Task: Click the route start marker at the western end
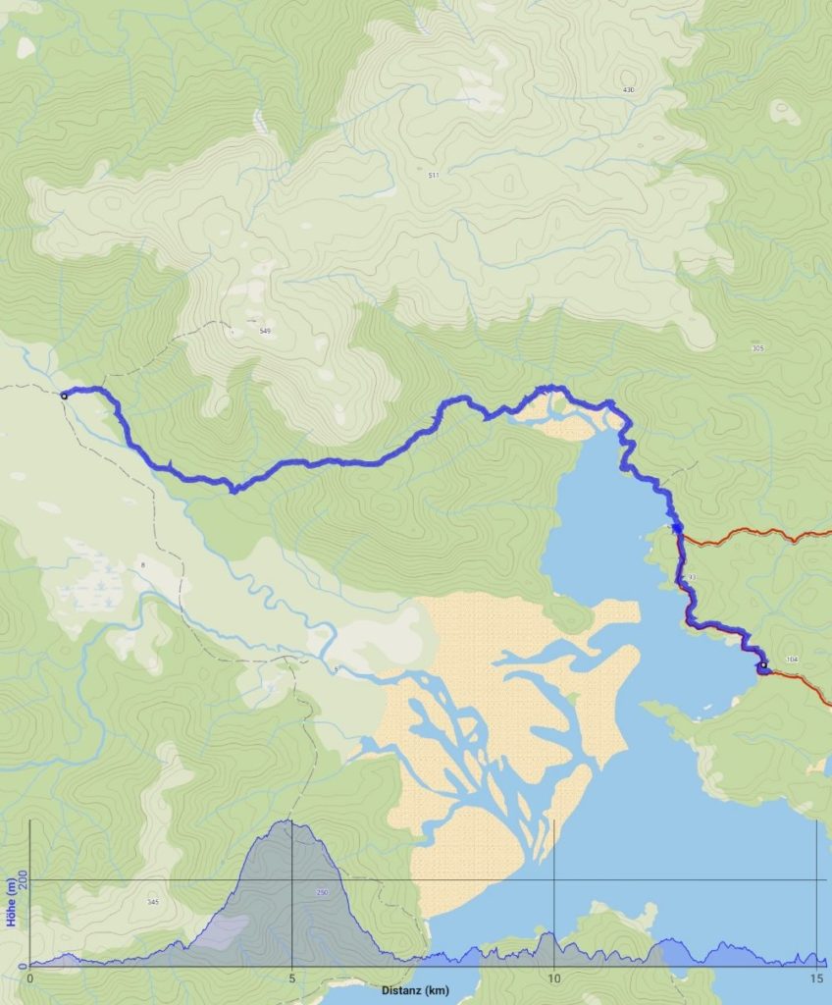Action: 64,396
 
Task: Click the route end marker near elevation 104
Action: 762,666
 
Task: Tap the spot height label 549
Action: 264,332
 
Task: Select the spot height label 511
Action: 433,175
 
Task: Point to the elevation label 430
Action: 628,90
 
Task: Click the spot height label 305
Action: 756,348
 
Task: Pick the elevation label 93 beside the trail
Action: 692,576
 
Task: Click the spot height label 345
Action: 152,902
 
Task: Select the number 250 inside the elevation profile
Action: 323,892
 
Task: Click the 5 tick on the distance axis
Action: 292,979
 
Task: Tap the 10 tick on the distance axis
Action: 554,979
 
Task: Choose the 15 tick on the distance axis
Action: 816,979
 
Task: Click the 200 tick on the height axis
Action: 21,880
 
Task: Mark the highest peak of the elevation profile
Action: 287,820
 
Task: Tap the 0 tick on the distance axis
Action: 30,979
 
